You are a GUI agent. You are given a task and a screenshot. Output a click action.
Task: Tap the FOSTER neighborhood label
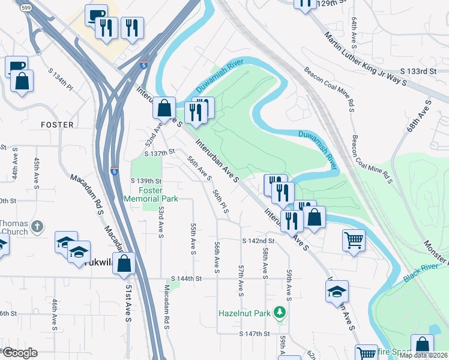[57, 125]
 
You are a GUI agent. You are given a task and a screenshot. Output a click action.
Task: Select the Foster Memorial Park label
[143, 194]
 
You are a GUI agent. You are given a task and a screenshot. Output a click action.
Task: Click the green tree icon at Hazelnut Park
[279, 312]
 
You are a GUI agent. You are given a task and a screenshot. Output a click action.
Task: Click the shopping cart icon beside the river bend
[354, 240]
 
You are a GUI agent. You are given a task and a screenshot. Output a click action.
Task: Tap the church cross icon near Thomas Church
[37, 227]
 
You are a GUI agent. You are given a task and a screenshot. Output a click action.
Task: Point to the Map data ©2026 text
[423, 355]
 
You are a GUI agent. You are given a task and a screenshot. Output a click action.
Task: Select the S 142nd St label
[258, 241]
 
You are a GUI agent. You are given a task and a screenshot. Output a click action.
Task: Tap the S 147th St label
[256, 334]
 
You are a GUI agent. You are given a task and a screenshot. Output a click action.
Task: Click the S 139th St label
[146, 181]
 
